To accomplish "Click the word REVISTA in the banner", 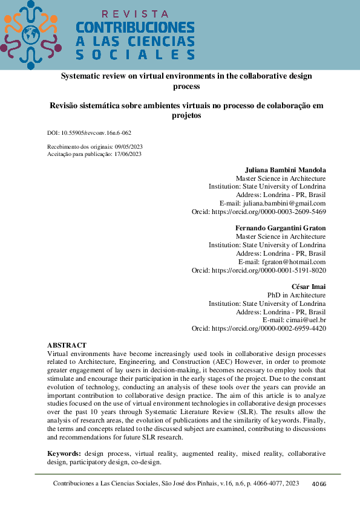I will (135, 13).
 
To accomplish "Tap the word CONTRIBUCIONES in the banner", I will (135, 28).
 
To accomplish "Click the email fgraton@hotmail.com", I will (290, 262).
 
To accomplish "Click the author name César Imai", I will (309, 286).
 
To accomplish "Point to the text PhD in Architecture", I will (296, 295).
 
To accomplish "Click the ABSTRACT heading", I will (67, 345).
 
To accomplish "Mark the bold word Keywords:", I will (64, 453).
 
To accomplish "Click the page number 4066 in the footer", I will (319, 484).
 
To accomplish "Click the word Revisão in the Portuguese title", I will (65, 105).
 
